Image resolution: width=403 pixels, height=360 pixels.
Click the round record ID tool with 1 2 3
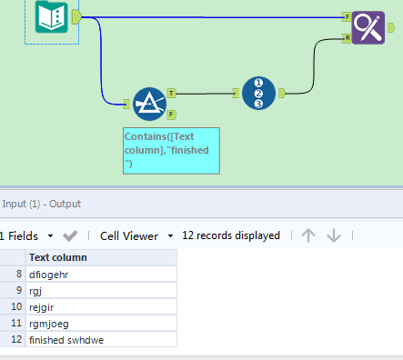[258, 93]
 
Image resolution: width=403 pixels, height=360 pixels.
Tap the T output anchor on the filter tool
[172, 93]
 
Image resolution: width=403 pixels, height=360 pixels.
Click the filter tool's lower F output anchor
[172, 114]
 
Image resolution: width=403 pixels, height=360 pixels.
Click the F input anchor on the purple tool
[347, 16]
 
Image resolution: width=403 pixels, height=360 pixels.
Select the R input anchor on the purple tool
[347, 38]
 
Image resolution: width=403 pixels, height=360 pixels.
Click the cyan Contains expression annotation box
[170, 149]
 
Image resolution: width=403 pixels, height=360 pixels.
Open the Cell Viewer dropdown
[136, 235]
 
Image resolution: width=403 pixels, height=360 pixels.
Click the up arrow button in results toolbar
[308, 235]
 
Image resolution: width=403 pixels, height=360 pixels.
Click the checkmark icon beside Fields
[70, 235]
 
